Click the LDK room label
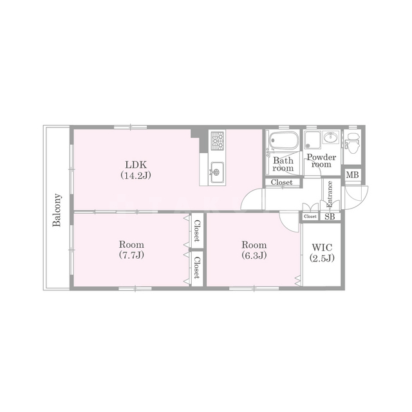coord(136,165)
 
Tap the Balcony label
coord(57,210)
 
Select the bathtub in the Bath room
coord(285,140)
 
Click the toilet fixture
coord(353,143)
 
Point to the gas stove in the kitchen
coord(217,141)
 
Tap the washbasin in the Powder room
coord(330,137)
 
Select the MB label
coord(352,174)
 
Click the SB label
coord(330,217)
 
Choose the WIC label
coord(322,247)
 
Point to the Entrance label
coord(330,194)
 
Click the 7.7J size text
coord(131,255)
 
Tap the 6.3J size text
coord(254,255)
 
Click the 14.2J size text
coord(136,175)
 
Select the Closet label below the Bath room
coord(282,182)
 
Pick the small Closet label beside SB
coord(310,216)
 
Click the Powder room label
coord(321,161)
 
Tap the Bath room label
coord(283,164)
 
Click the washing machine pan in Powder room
coord(312,140)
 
